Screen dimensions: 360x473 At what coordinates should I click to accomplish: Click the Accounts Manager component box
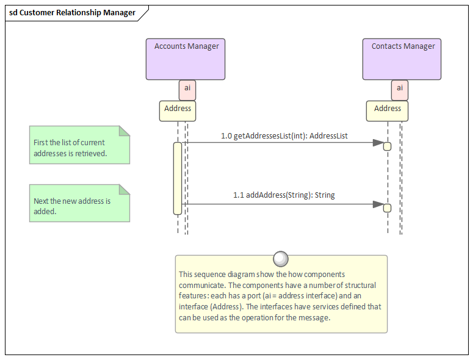coord(186,60)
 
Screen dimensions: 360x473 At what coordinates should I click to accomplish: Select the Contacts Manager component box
coord(402,60)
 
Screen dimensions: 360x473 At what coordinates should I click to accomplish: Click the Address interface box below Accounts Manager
coord(178,110)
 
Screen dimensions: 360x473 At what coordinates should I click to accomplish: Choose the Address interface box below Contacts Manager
coord(387,110)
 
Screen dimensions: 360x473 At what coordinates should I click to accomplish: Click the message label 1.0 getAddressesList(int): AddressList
coord(284,136)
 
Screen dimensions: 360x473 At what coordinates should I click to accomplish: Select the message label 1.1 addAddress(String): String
coord(284,195)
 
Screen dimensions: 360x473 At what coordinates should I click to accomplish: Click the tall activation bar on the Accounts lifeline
coord(178,178)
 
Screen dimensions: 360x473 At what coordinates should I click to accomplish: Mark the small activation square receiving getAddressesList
coord(387,146)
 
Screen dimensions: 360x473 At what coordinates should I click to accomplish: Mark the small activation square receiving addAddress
coord(387,208)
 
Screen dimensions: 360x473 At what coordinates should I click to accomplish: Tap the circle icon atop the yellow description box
coord(281,259)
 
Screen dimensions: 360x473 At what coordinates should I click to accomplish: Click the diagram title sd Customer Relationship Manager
coord(72,13)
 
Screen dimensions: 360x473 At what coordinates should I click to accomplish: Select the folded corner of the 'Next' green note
coord(125,189)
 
